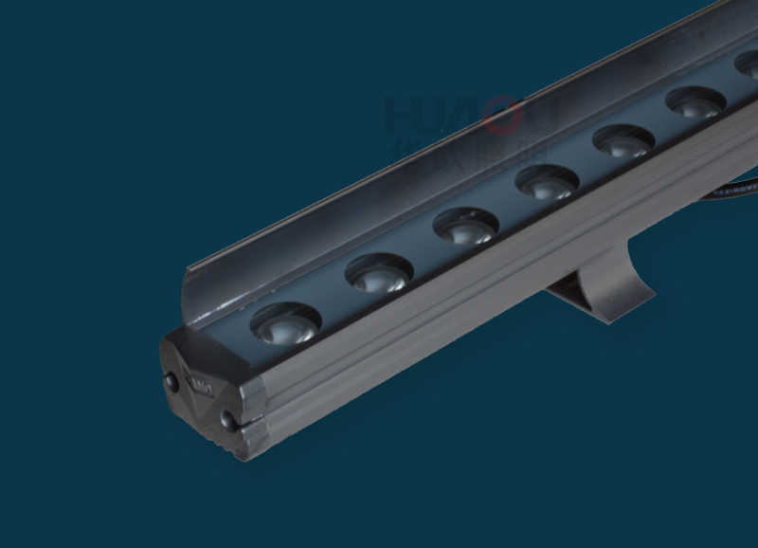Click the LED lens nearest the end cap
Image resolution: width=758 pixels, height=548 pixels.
tap(285, 323)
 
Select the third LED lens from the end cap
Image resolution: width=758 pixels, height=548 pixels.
tap(465, 227)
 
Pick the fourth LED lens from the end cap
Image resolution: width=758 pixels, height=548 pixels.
tap(547, 182)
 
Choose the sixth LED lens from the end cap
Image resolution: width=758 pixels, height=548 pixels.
tap(695, 102)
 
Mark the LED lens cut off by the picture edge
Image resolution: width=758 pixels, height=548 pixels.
tap(748, 64)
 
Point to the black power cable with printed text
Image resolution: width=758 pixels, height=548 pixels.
tap(730, 189)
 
